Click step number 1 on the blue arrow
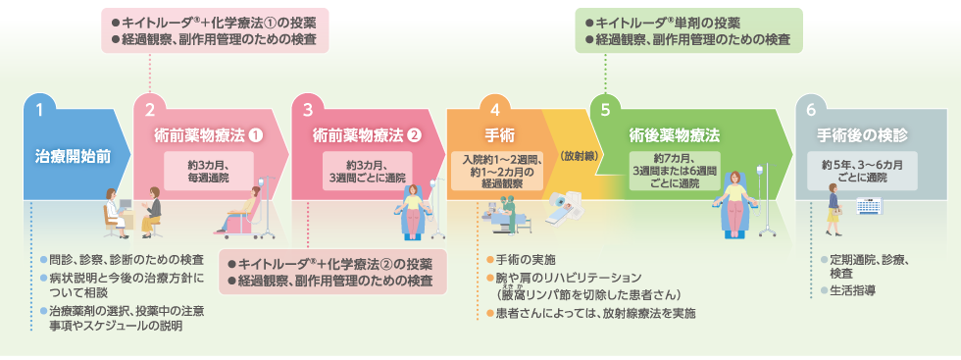39,110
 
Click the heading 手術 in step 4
495,135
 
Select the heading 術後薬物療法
676,135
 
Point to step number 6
811,110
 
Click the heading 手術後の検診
863,135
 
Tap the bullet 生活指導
853,291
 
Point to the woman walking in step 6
834,212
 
